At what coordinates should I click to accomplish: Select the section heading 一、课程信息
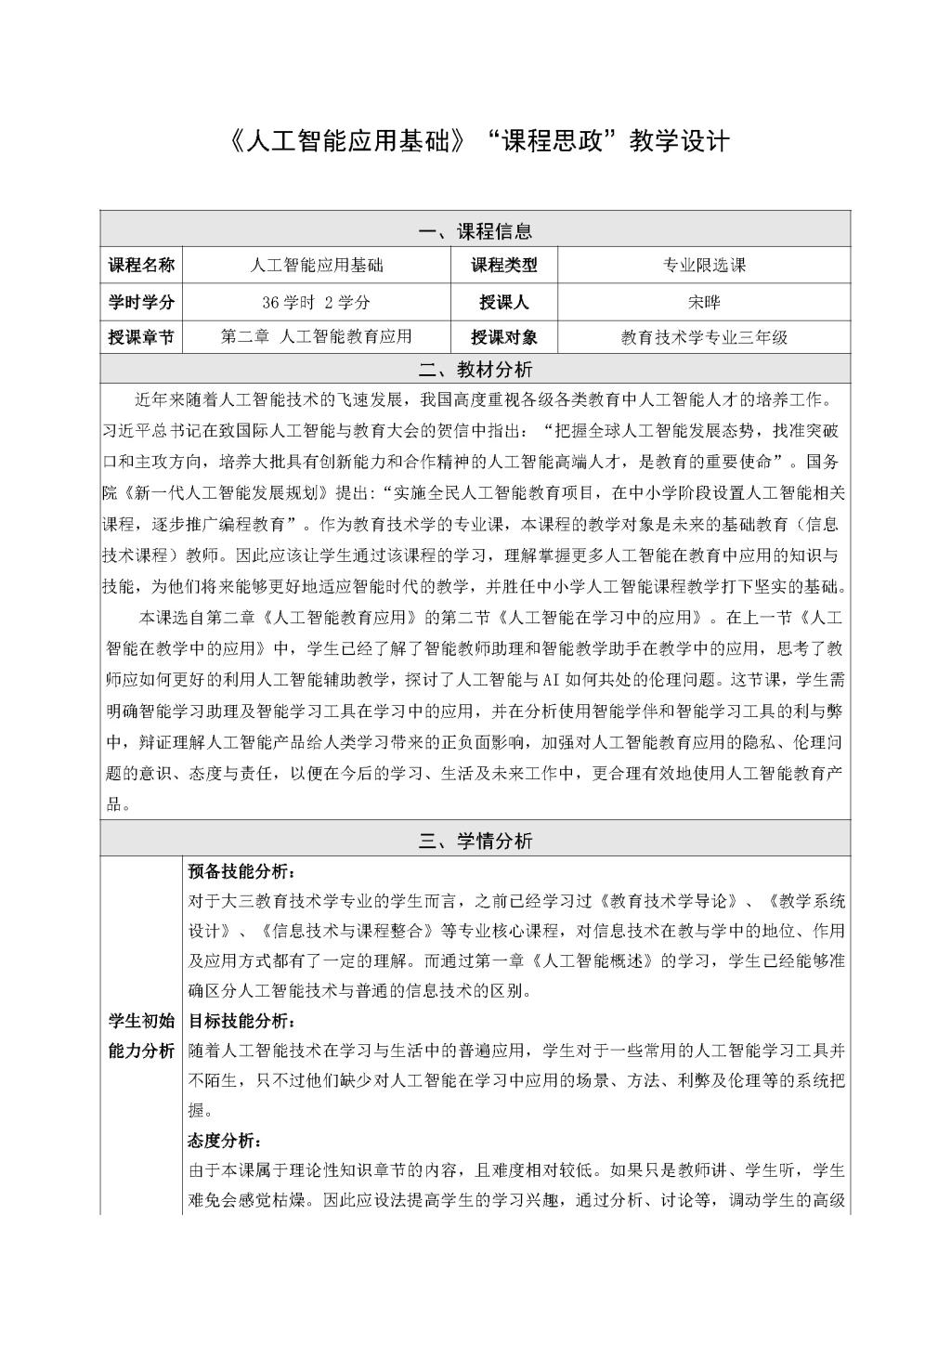(x=475, y=230)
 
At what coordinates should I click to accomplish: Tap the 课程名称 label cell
(x=141, y=266)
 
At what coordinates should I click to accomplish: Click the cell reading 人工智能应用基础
(x=317, y=266)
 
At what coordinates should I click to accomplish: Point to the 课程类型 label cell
(x=503, y=266)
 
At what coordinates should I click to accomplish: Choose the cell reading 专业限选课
(x=704, y=266)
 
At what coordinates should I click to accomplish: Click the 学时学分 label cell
(x=141, y=302)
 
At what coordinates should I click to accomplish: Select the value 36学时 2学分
(x=317, y=302)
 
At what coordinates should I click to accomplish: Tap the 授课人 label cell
(x=503, y=302)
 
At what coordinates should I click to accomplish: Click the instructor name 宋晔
(x=704, y=302)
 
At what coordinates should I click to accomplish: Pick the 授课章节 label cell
(x=141, y=337)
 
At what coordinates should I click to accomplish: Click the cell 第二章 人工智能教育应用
(x=317, y=337)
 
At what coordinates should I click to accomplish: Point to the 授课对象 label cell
(x=503, y=337)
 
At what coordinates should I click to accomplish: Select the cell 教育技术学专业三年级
(x=704, y=337)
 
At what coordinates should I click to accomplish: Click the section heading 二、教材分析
(x=475, y=370)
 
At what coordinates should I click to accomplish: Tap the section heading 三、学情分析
(x=475, y=842)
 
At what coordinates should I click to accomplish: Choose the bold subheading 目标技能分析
(x=241, y=1022)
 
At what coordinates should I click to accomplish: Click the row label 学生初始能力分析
(x=141, y=1037)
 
